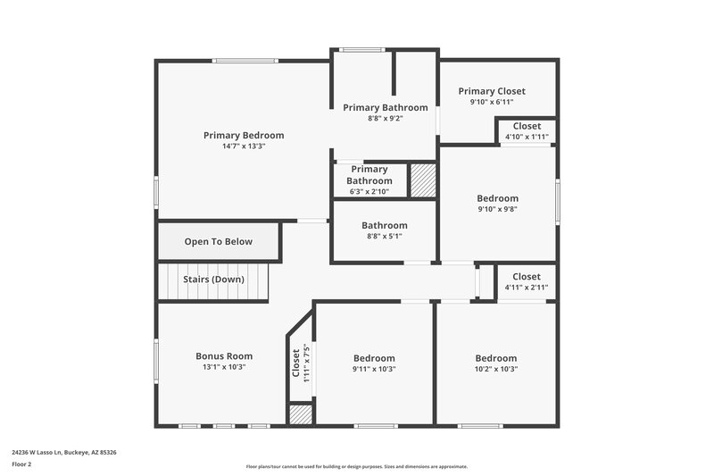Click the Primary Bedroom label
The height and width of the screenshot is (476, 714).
coord(243,136)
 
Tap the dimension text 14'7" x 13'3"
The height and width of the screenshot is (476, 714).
coord(243,146)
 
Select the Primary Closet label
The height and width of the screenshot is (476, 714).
coord(492,91)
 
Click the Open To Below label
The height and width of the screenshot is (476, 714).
coord(218,242)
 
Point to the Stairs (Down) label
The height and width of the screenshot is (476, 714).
coord(213,280)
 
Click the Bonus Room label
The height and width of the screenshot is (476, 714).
coord(224,356)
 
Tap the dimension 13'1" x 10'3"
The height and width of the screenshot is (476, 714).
coord(224,367)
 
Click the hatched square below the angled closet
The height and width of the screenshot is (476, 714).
coord(301,414)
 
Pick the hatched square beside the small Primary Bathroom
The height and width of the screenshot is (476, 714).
coord(422,180)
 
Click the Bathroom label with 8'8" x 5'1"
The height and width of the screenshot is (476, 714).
coord(384,226)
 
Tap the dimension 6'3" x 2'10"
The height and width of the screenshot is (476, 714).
coord(369,192)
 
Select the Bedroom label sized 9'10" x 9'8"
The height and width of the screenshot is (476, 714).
coord(497,198)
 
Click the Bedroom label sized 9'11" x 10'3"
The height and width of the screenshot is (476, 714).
coord(373,358)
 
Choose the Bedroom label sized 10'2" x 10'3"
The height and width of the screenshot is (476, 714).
coord(495,358)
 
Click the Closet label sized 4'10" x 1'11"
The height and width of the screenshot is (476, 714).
coord(527,127)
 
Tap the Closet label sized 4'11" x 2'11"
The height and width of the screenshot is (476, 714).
coord(527,277)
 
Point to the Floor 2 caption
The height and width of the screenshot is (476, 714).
coord(21,465)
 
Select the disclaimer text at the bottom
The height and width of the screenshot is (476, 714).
coord(356,466)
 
